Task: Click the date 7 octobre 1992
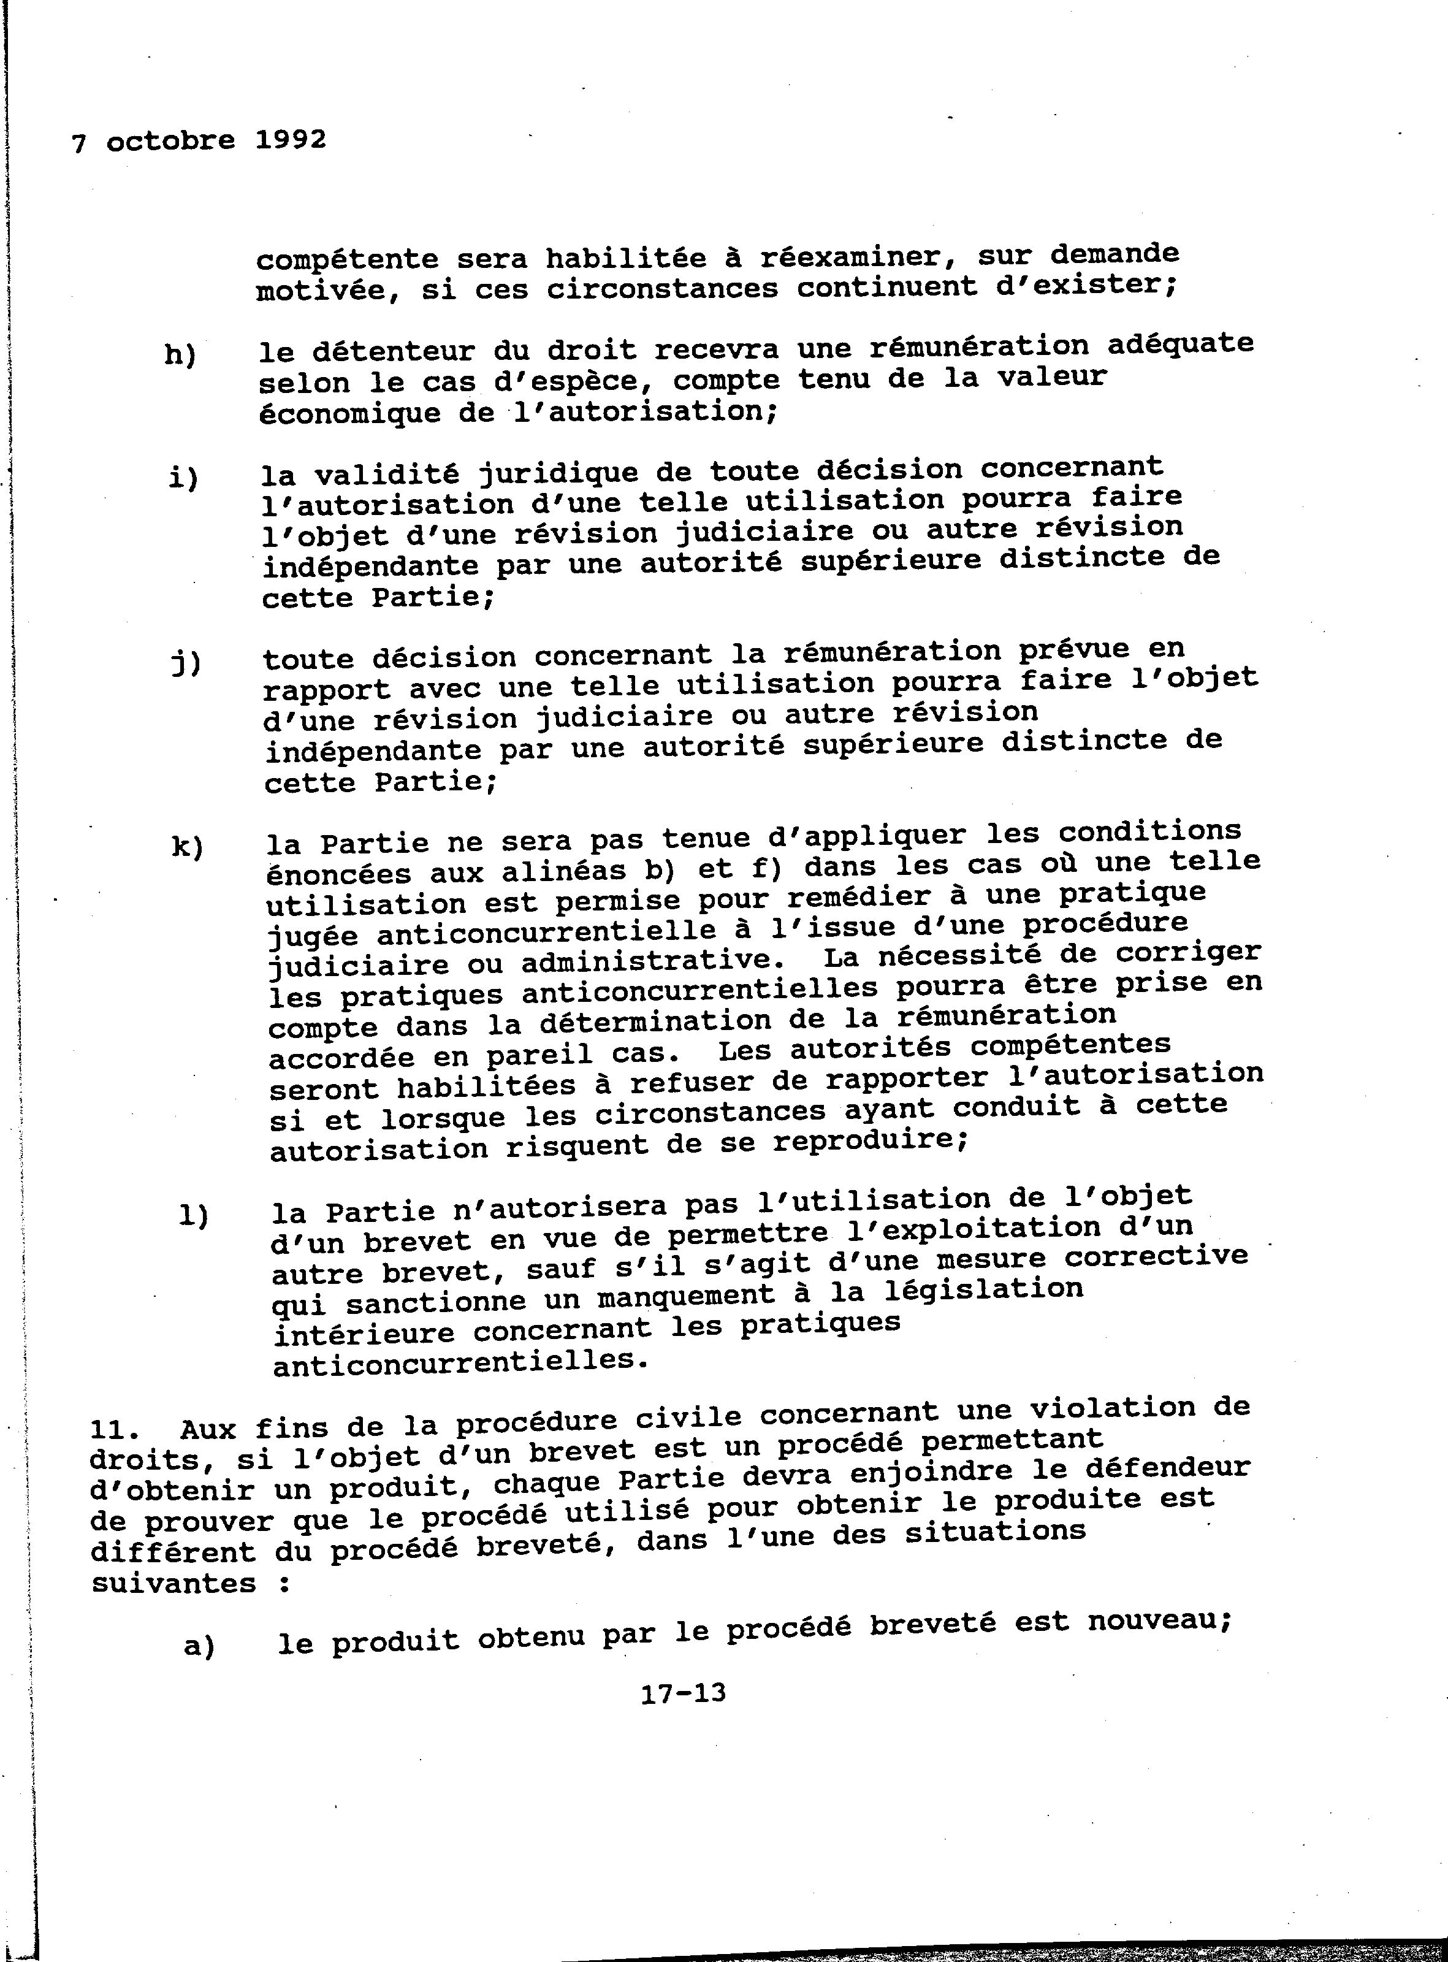click(x=199, y=140)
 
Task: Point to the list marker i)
click(x=184, y=478)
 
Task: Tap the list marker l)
click(x=193, y=1217)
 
